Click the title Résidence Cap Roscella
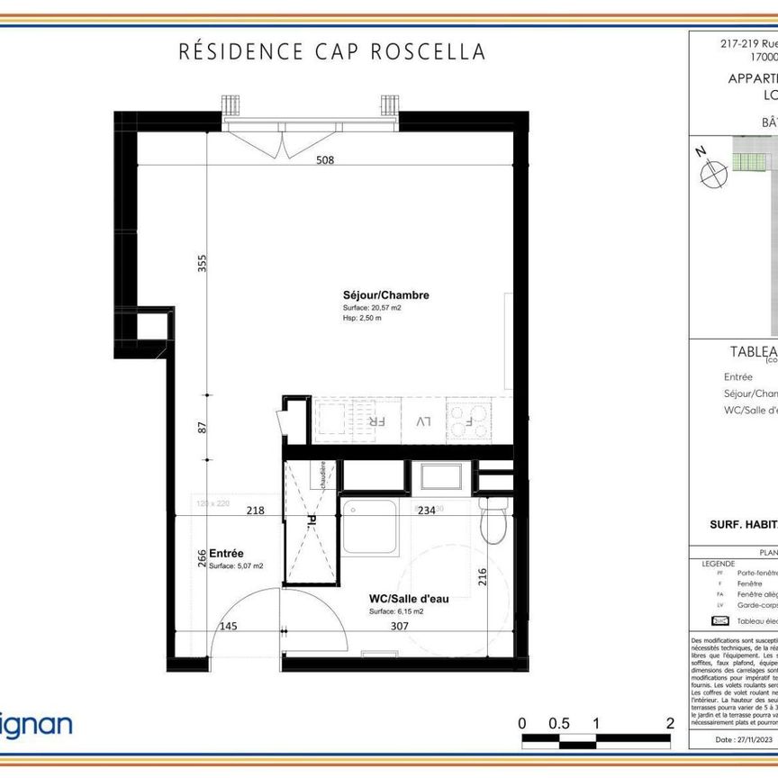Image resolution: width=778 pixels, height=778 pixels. tap(332, 51)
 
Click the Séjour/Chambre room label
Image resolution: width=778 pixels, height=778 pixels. tap(385, 295)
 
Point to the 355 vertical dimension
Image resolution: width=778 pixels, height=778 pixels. tap(203, 263)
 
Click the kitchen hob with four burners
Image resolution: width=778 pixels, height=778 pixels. tap(469, 421)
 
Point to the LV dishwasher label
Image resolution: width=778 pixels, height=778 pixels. tap(423, 421)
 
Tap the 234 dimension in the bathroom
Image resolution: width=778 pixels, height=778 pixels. tap(427, 511)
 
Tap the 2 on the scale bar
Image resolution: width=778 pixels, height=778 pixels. tap(670, 723)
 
